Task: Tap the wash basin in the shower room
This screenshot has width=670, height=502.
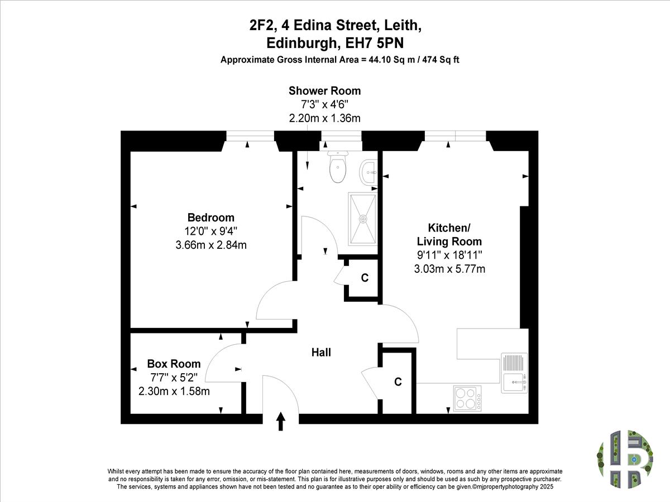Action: [368, 172]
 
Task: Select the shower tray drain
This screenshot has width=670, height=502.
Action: [363, 219]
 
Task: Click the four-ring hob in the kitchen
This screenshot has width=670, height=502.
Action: [467, 398]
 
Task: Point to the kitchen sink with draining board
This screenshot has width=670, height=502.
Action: [514, 373]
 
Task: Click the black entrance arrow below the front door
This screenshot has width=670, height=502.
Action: [280, 421]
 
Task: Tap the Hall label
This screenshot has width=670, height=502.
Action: [321, 353]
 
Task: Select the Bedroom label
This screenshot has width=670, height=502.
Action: [211, 218]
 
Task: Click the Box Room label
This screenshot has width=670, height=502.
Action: [174, 364]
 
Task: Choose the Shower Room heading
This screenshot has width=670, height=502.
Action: [325, 91]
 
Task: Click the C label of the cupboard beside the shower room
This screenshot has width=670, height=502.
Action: [365, 278]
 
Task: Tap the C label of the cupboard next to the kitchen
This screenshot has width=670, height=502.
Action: [398, 382]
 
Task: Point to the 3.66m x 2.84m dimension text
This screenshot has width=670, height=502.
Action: [211, 245]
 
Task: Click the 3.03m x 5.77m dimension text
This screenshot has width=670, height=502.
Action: [449, 269]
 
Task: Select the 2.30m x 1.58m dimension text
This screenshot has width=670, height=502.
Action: [174, 391]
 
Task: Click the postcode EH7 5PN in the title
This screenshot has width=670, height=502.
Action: [374, 44]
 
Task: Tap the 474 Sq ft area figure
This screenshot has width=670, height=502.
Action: [441, 60]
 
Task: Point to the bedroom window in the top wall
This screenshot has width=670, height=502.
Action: [250, 136]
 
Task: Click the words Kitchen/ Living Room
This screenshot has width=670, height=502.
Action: [449, 234]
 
